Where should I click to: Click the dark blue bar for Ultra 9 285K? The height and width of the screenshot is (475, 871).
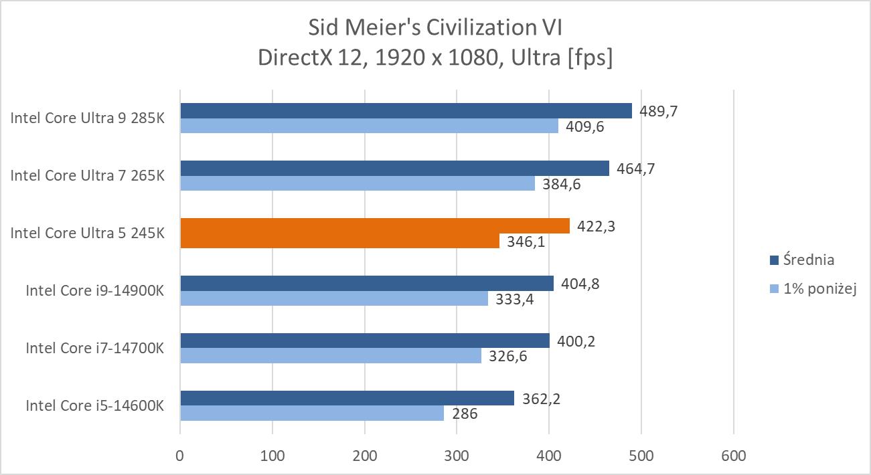point(406,110)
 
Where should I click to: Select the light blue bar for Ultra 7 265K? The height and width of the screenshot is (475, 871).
point(358,183)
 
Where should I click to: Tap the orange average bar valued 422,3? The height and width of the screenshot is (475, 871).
point(375,226)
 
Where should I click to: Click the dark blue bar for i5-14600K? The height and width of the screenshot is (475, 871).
point(347,399)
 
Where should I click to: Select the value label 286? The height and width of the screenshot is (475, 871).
point(464,414)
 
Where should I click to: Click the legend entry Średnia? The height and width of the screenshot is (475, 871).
point(811,260)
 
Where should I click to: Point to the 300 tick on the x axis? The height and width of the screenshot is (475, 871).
point(457,456)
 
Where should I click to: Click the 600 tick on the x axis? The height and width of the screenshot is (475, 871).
point(734,456)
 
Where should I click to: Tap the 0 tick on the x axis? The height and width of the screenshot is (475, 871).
point(180,456)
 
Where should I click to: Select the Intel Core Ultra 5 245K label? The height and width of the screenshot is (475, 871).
point(87,233)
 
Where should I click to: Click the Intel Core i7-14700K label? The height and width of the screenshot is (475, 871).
point(94,348)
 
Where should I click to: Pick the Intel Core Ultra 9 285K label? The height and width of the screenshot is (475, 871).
point(87,118)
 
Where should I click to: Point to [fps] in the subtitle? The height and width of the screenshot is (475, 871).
point(589,58)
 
